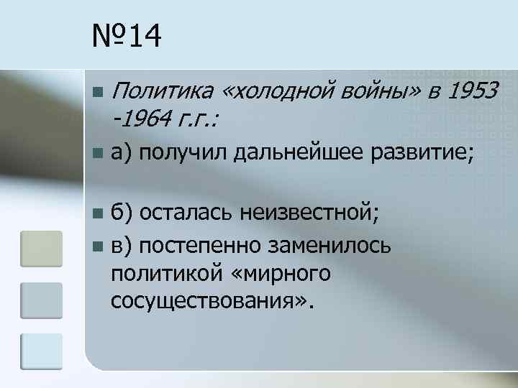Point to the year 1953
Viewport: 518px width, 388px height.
(472, 91)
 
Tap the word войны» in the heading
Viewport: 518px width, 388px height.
(373, 91)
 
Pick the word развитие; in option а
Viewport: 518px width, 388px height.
(421, 152)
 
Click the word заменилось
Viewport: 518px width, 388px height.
(330, 246)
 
